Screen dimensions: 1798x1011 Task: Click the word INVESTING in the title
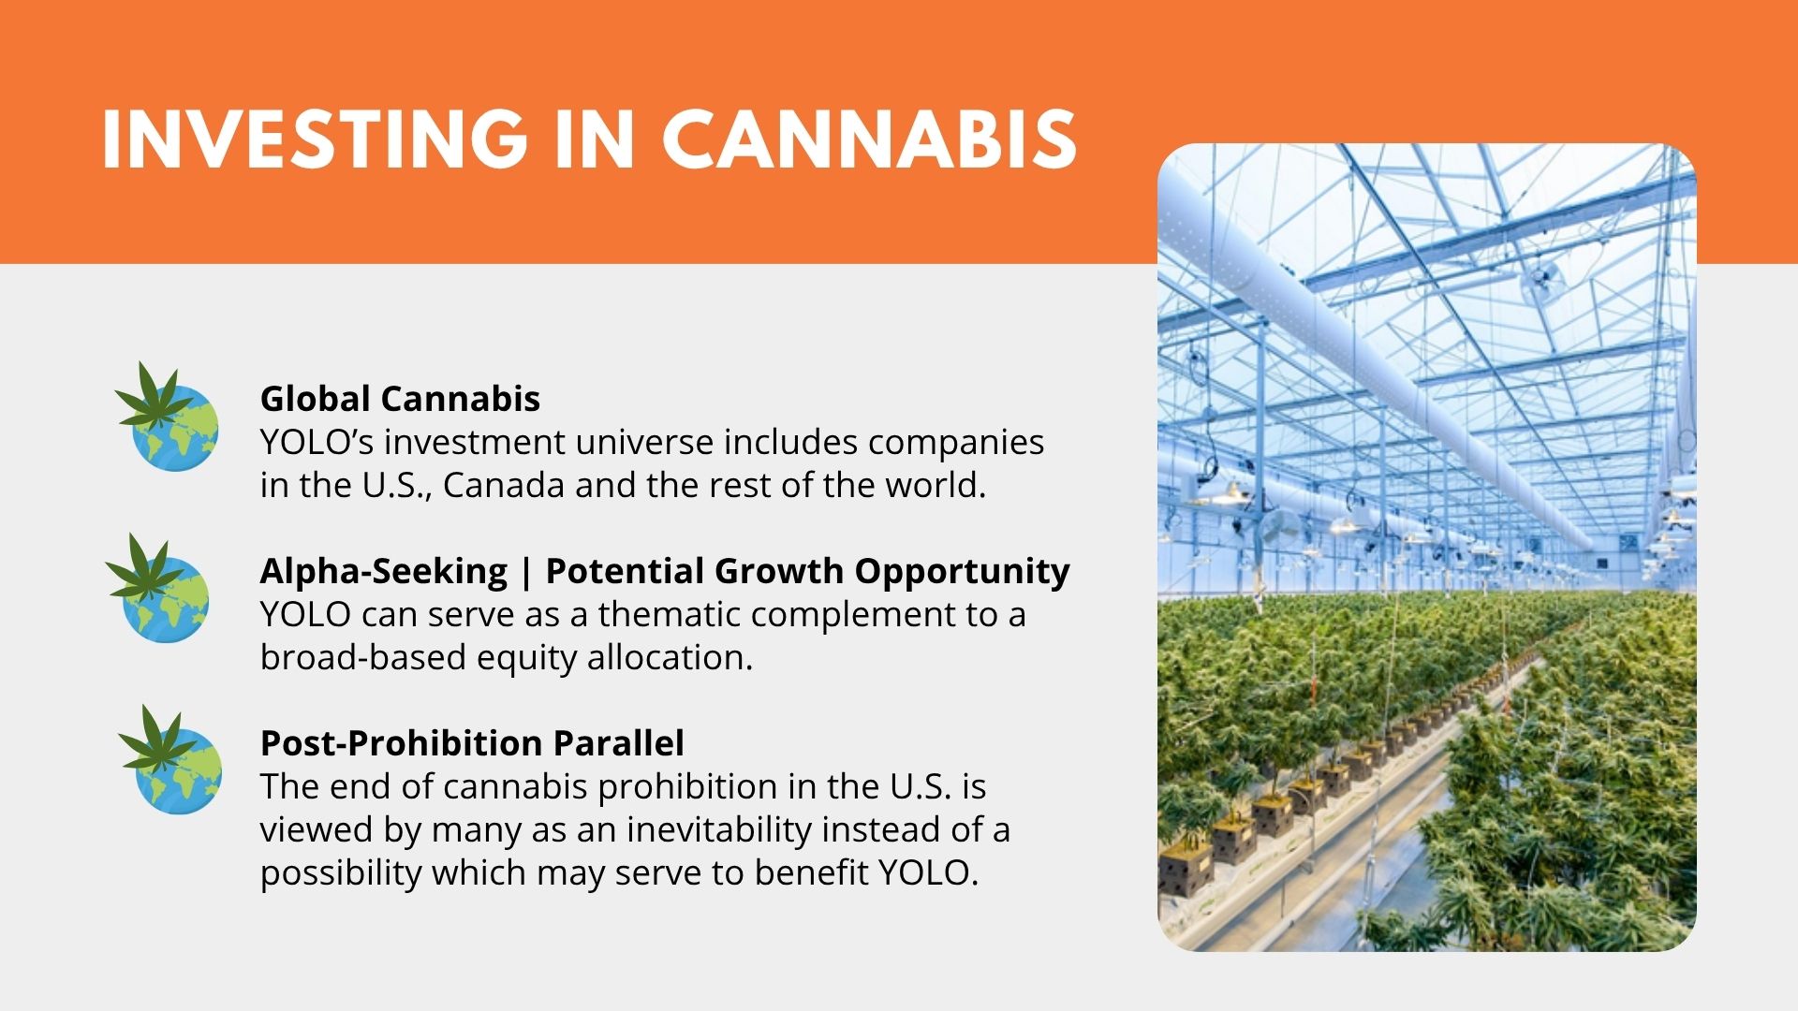click(315, 139)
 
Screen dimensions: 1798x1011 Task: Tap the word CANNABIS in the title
click(869, 139)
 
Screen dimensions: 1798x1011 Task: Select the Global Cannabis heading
click(400, 399)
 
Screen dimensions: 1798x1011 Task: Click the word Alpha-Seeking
click(384, 571)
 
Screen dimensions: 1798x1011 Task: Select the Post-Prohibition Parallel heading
click(472, 743)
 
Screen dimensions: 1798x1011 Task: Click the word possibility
click(341, 872)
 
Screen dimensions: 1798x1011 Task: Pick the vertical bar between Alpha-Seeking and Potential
click(525, 573)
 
